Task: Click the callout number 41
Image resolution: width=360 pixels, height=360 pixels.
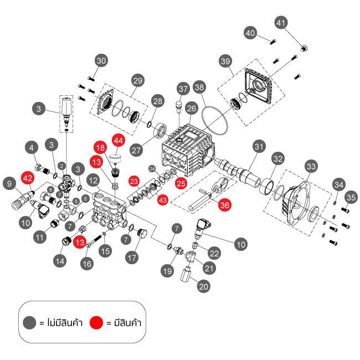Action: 281,23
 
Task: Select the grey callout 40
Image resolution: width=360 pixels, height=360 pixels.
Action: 250,33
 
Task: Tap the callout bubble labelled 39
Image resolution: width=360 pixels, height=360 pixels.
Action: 224,60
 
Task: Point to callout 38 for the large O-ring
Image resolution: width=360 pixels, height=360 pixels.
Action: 200,87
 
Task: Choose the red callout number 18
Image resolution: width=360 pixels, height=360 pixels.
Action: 100,148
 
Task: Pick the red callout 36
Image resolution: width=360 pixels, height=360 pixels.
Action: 224,204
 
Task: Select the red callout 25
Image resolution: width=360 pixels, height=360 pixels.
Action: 181,182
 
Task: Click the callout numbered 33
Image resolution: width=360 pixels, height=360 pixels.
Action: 312,166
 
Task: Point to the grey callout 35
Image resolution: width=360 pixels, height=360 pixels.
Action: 350,198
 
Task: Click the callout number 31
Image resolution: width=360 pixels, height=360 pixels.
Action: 258,146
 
